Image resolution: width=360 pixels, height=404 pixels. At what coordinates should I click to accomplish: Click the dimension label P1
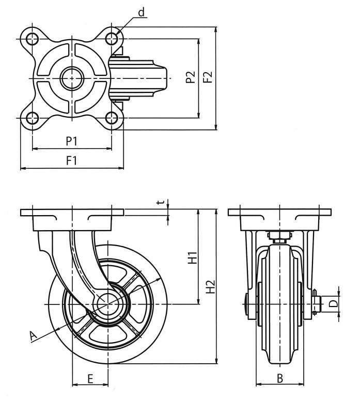(72, 141)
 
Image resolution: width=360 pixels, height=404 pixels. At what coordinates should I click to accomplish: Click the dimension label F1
(72, 160)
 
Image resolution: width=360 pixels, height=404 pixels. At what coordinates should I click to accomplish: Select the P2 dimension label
(191, 78)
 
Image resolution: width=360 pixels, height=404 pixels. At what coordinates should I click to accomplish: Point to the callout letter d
(141, 12)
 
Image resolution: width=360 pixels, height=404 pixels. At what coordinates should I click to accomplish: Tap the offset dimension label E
(90, 379)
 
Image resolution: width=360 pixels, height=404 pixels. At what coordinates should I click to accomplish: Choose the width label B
(279, 378)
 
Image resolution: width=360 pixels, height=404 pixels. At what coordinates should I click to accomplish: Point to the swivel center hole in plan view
(72, 78)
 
